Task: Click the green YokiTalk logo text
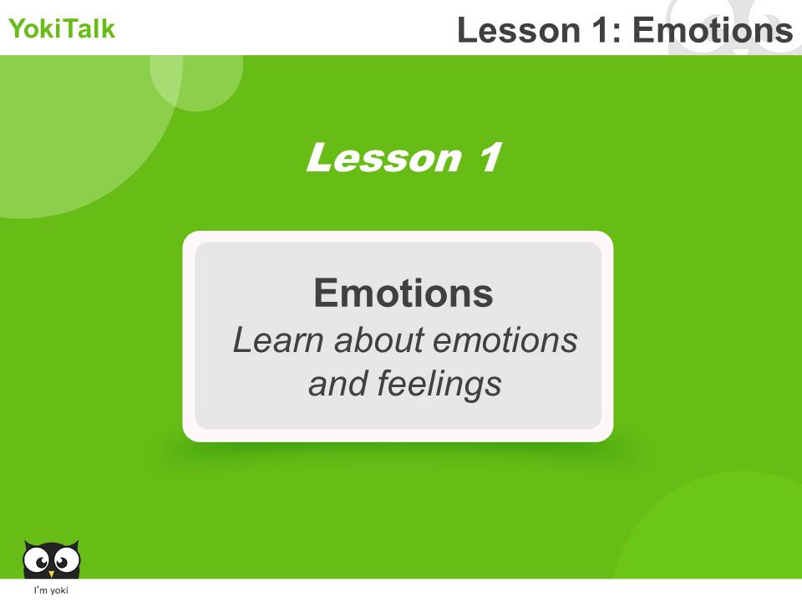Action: [62, 29]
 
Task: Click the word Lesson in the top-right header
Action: [518, 31]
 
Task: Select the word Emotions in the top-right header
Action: [712, 31]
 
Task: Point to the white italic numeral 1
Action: [486, 158]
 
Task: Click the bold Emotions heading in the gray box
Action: [403, 293]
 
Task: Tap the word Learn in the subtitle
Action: [277, 340]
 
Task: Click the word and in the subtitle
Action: [338, 384]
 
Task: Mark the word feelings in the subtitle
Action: [439, 384]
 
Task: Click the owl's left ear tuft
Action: [28, 544]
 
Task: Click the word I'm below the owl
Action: [38, 591]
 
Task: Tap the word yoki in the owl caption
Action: [59, 591]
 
